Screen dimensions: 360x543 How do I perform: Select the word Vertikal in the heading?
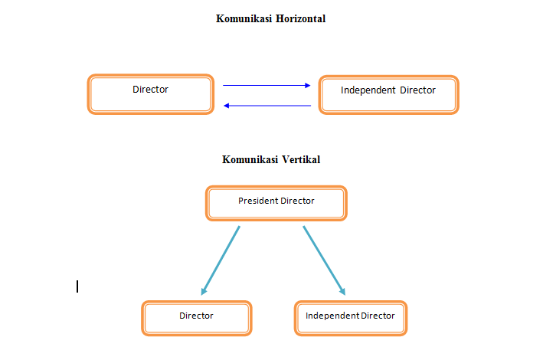(x=299, y=160)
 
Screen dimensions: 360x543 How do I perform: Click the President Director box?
(x=276, y=203)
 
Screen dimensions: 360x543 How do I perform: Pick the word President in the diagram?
(x=258, y=201)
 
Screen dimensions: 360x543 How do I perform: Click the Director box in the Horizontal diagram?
(x=151, y=94)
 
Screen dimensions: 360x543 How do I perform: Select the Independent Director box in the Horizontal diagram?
(x=388, y=94)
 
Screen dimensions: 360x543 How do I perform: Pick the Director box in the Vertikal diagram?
(x=197, y=317)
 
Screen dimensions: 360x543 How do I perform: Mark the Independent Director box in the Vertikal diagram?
(x=350, y=317)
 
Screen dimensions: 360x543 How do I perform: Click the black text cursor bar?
(x=77, y=286)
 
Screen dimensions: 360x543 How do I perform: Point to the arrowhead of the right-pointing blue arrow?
(x=308, y=86)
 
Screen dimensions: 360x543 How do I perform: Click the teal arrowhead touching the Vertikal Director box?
(x=204, y=291)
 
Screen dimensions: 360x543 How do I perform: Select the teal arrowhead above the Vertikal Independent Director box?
(x=342, y=291)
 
